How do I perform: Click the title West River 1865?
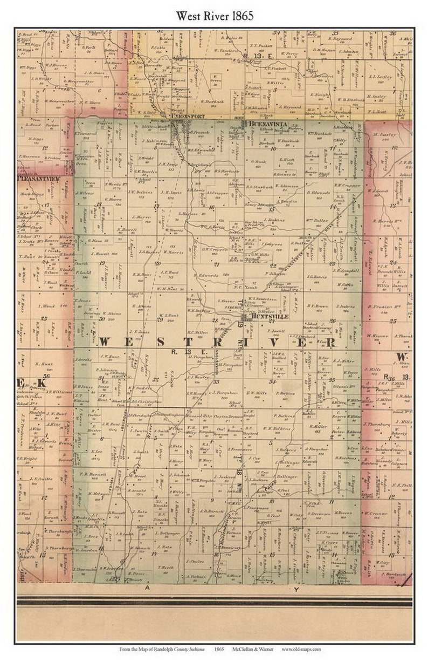214,16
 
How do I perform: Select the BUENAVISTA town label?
263,124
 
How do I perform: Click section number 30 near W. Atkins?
101,318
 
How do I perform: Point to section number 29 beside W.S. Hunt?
160,319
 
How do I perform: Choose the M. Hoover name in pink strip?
381,335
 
